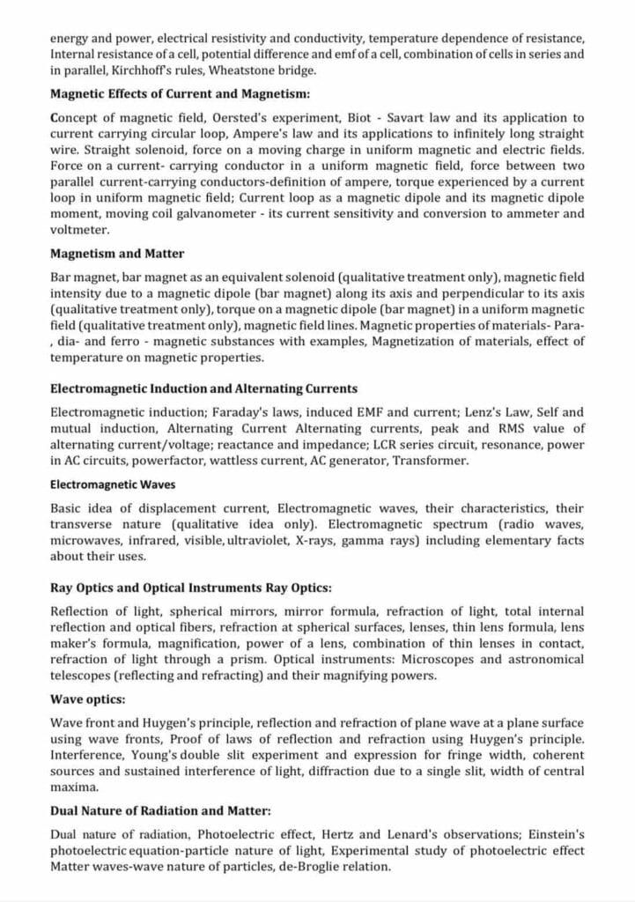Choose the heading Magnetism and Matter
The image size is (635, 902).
point(117,254)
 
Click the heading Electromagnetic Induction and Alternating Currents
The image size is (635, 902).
point(203,388)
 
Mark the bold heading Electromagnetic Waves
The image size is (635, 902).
point(112,484)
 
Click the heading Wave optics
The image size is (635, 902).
point(88,699)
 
